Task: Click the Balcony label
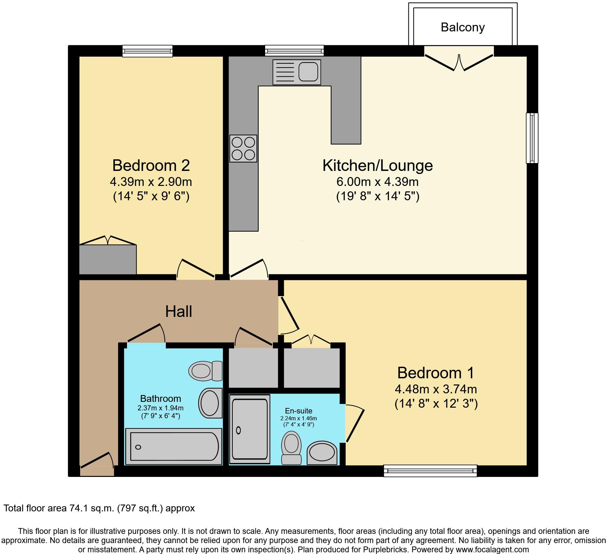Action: click(463, 27)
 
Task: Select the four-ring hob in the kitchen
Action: click(243, 148)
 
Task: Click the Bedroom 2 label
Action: click(151, 165)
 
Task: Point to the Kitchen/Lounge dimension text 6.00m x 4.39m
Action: click(377, 182)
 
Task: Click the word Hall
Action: click(178, 311)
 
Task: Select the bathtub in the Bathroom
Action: click(174, 447)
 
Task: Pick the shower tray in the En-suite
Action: click(250, 429)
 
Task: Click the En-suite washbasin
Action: click(322, 453)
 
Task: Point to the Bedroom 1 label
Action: click(436, 373)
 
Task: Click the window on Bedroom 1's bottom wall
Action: click(430, 471)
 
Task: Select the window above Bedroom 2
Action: click(148, 51)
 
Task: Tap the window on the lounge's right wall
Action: click(532, 138)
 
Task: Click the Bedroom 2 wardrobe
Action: click(108, 259)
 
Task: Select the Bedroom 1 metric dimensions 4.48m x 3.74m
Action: click(436, 389)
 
